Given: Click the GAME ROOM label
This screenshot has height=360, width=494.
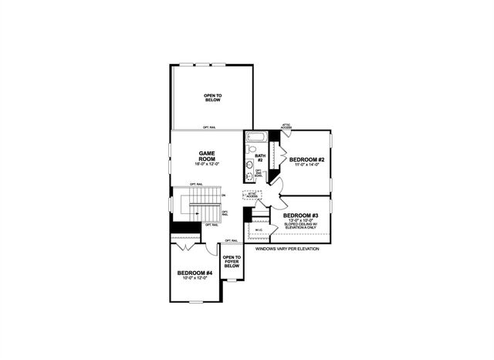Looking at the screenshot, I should pyautogui.click(x=206, y=155).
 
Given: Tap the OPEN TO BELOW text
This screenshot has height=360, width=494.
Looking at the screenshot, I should pyautogui.click(x=212, y=97).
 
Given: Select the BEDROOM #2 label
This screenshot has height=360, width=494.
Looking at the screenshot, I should pyautogui.click(x=306, y=159).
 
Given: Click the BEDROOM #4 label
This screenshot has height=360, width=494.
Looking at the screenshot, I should pyautogui.click(x=195, y=273).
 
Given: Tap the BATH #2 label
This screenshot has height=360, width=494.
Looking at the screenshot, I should pyautogui.click(x=259, y=158).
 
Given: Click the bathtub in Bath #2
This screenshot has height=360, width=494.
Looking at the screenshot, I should pyautogui.click(x=255, y=138).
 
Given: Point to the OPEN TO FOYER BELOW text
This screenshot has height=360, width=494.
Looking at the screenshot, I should pyautogui.click(x=232, y=262).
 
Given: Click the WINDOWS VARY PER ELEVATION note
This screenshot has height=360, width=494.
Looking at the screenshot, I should pyautogui.click(x=286, y=249).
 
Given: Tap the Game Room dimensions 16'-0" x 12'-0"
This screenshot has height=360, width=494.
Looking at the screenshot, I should pyautogui.click(x=206, y=164).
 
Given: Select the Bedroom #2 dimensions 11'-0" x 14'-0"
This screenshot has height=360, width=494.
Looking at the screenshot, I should pyautogui.click(x=306, y=165).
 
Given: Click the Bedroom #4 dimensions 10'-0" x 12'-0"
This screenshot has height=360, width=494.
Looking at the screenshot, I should pyautogui.click(x=195, y=278).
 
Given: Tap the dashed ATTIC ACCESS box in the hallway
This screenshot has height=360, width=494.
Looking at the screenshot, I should pyautogui.click(x=252, y=195).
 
